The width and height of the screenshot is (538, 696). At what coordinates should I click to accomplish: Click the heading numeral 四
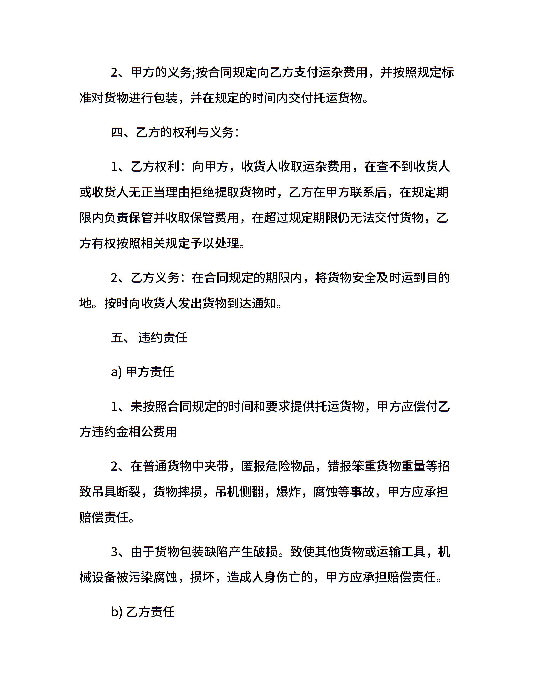pyautogui.click(x=117, y=133)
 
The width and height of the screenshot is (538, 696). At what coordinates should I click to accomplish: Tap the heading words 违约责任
pyautogui.click(x=163, y=338)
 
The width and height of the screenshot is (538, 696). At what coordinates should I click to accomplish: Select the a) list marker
pyautogui.click(x=116, y=372)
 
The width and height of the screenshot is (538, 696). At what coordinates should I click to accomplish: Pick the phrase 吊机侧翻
pyautogui.click(x=240, y=492)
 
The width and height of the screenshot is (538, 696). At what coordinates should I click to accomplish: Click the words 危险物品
pyautogui.click(x=290, y=466)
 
